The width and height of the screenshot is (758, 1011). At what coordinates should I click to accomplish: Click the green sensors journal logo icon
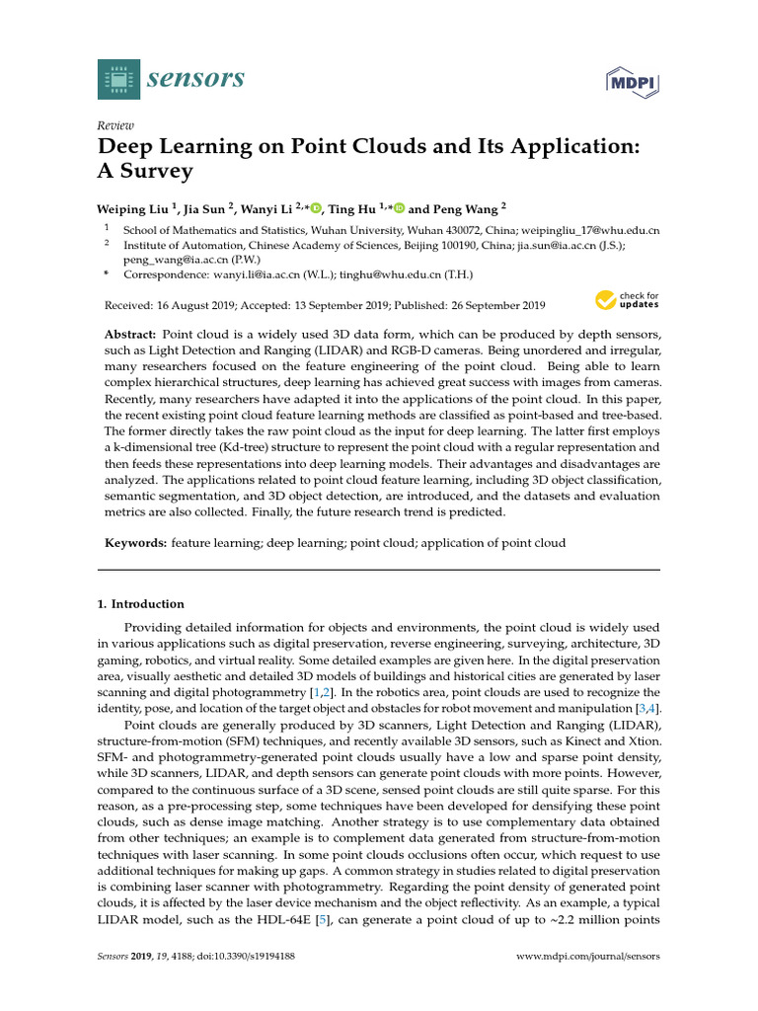[119, 79]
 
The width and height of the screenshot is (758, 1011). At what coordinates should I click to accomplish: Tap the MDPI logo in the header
[632, 81]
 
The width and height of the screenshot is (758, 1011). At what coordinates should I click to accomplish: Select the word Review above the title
[115, 126]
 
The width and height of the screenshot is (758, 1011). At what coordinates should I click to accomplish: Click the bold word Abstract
[130, 335]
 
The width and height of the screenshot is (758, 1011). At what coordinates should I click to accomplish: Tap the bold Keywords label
[135, 543]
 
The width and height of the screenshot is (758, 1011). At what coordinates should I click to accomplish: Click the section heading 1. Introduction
[141, 604]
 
